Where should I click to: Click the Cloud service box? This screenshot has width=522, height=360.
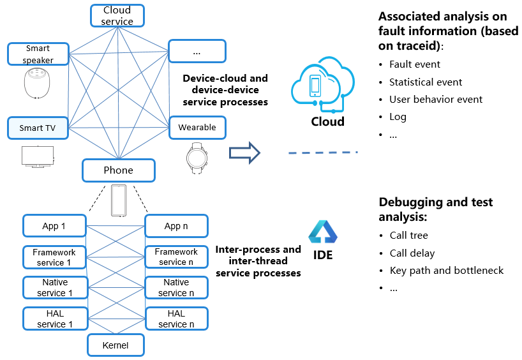point(117,15)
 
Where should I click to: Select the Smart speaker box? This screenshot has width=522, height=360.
point(38,54)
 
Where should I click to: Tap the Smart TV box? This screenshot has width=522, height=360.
point(38,128)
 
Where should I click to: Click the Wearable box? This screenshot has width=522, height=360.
point(197,127)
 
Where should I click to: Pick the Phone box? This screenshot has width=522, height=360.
point(119,170)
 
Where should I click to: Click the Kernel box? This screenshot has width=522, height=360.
point(116,345)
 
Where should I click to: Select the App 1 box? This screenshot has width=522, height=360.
point(54,226)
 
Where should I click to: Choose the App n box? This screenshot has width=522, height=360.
point(176,226)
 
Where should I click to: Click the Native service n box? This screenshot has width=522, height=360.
point(176,287)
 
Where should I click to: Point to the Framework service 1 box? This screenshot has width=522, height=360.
point(54,257)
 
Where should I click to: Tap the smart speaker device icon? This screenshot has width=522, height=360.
point(38,83)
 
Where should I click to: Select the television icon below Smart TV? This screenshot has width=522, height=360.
point(38,156)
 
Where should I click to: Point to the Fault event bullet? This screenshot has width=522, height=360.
point(415,64)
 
